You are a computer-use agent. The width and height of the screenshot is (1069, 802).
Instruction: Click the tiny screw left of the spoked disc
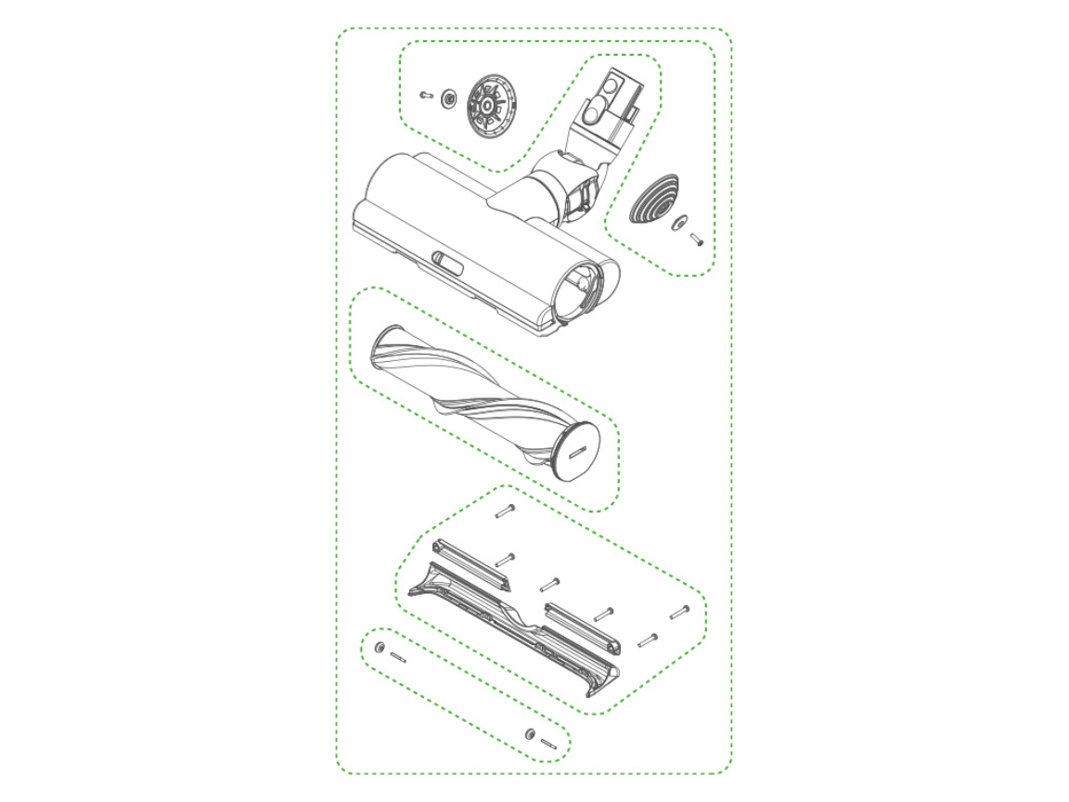[x=427, y=94]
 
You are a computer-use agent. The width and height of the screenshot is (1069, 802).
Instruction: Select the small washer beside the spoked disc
[x=449, y=97]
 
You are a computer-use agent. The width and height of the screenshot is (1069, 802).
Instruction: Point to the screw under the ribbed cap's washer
[x=697, y=240]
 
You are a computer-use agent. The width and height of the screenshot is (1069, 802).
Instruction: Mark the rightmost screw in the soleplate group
[x=679, y=611]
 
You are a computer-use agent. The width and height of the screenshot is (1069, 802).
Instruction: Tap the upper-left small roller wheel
[x=380, y=646]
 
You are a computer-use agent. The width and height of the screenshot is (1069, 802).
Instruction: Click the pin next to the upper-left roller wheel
[x=398, y=656]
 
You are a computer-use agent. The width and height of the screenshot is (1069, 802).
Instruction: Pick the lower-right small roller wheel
[x=530, y=733]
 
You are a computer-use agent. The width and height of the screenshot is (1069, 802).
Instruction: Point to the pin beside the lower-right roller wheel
[x=547, y=742]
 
